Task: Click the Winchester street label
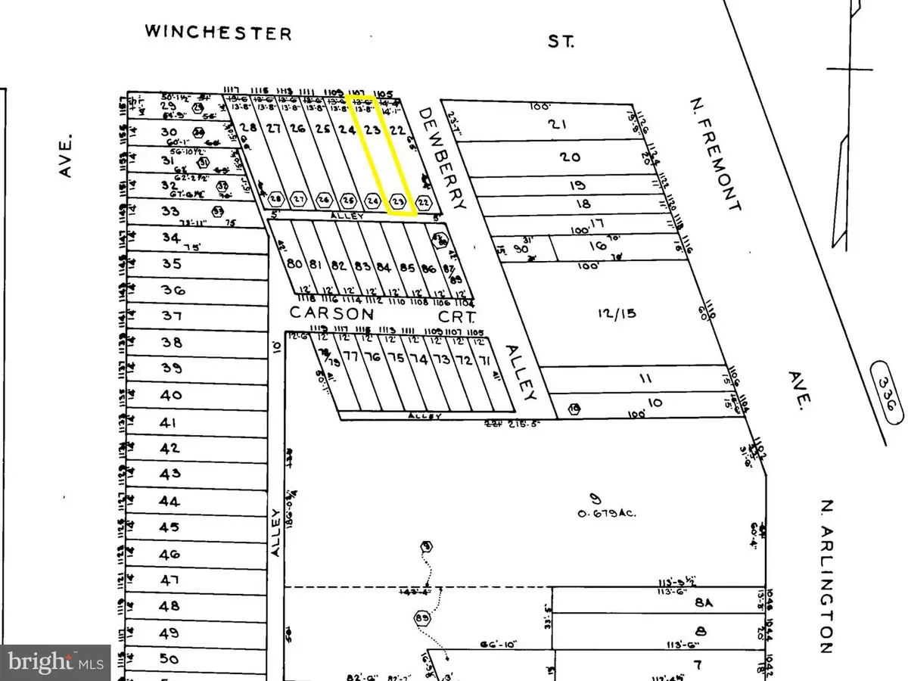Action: pos(218,33)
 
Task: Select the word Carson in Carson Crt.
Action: pos(331,313)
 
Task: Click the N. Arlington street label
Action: pos(827,576)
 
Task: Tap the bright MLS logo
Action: pos(54,661)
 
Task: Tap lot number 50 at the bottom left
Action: pos(169,659)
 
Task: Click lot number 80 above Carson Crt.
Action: pos(295,264)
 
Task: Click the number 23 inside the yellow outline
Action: pos(372,129)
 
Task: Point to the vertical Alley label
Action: pos(275,533)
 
